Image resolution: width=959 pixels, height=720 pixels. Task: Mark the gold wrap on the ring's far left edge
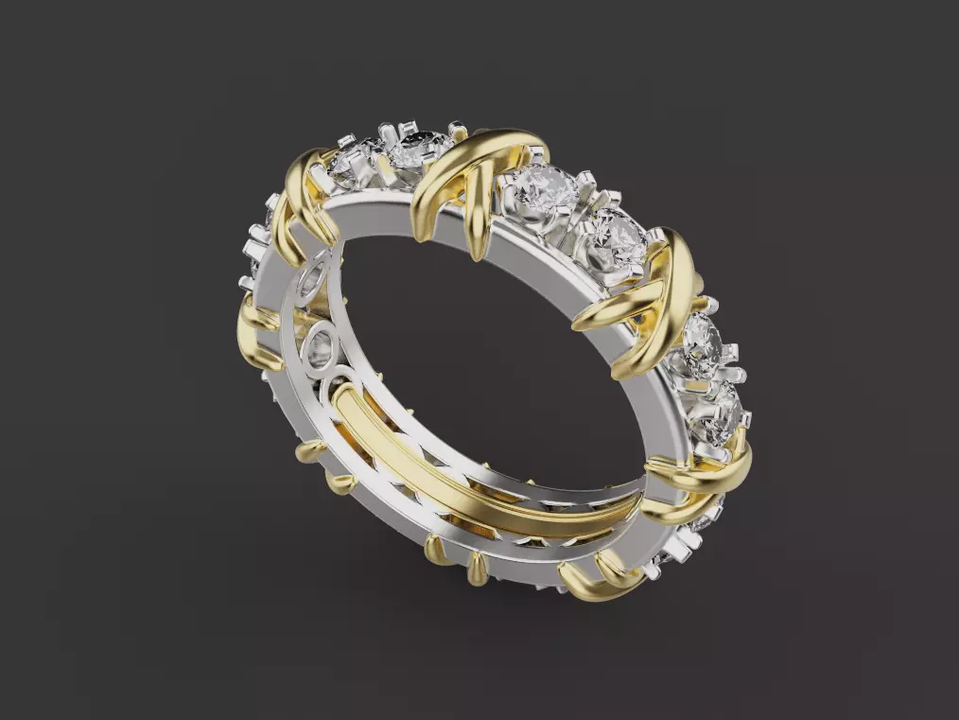click(x=253, y=326)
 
